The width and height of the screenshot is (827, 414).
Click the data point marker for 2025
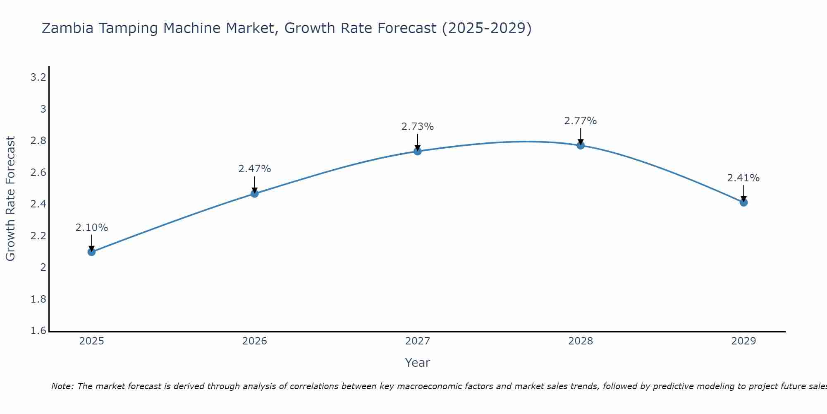[92, 252]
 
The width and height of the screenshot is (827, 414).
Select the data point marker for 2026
[255, 193]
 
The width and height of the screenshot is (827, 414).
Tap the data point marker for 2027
[418, 151]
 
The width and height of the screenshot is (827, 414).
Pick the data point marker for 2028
[581, 145]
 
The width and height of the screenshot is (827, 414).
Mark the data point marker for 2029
[743, 202]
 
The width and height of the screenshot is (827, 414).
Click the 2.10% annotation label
[92, 228]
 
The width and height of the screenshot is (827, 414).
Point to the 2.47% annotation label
[255, 169]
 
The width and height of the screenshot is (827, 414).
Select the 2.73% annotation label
[418, 127]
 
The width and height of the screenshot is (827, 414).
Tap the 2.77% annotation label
[581, 121]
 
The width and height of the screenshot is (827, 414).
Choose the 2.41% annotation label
[743, 178]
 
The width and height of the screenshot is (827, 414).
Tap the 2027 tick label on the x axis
[418, 341]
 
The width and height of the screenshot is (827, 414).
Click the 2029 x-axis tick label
[743, 341]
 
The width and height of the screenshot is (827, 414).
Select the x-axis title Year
[418, 363]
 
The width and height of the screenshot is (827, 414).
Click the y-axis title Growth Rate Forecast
[11, 199]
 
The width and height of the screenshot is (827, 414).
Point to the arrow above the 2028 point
[581, 136]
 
